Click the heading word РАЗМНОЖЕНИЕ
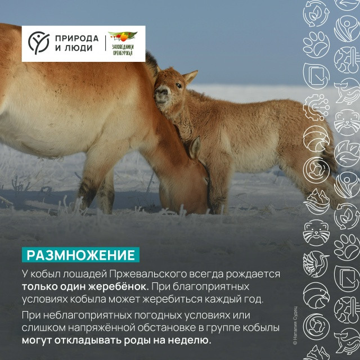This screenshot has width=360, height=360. pyautogui.click(x=80, y=255)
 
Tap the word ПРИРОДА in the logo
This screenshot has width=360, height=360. pyautogui.click(x=76, y=38)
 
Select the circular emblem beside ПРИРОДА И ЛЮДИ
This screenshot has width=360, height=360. pyautogui.click(x=38, y=43)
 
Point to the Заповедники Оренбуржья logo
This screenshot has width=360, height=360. pyautogui.click(x=123, y=44)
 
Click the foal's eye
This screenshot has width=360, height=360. pyautogui.click(x=179, y=85)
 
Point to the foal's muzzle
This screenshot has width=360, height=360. pyautogui.click(x=162, y=95)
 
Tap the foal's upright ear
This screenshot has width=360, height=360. pyautogui.click(x=190, y=76)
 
